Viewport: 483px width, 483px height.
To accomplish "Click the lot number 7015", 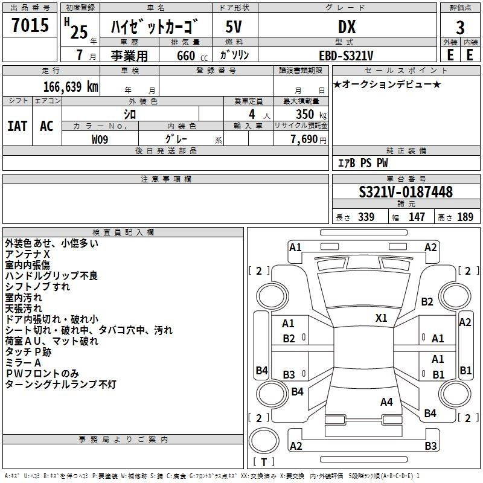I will pos(30,25).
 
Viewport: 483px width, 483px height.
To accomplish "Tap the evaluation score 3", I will pos(460,27).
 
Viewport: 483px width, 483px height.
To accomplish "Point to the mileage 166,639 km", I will pos(71,86).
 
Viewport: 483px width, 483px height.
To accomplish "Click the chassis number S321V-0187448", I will pos(405,192).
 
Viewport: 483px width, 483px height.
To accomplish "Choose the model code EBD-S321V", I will pos(347,55).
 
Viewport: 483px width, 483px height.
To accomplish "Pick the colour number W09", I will pos(100,139).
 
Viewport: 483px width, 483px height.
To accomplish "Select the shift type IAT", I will pos(18,126).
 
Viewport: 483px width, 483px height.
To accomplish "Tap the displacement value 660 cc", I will pos(185,56).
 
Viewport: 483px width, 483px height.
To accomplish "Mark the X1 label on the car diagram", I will pos(381,318).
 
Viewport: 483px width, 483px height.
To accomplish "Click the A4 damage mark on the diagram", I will pos(386,401).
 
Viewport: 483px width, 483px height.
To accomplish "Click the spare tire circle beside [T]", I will pos(264,440).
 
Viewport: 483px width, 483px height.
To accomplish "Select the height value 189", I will pos(465,217).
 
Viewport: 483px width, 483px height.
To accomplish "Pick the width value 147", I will pos(417,217).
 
